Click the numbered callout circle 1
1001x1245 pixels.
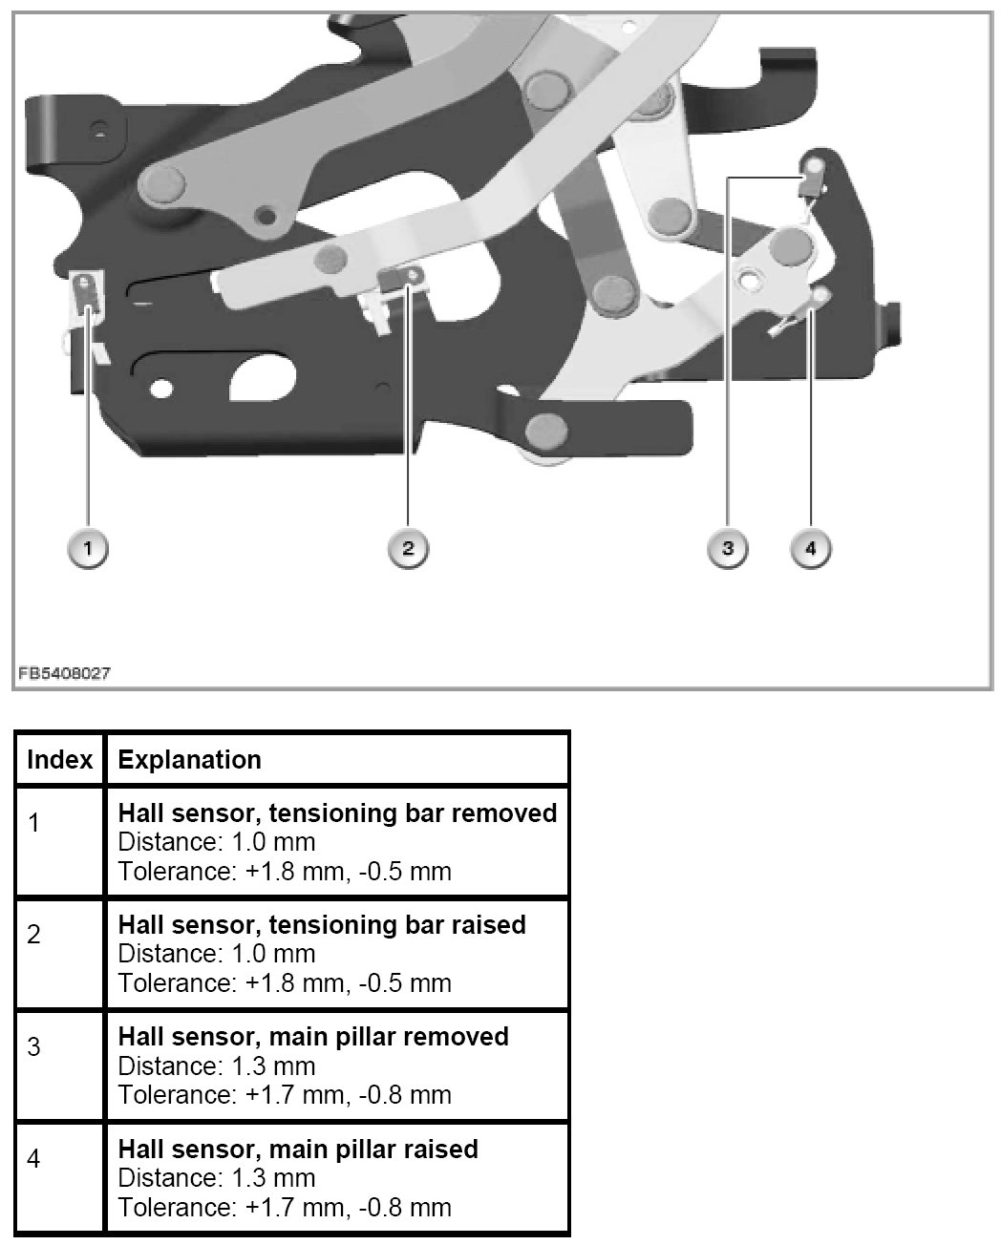[x=88, y=548]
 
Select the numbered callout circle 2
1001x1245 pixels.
[x=408, y=548]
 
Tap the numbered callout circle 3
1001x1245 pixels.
[x=728, y=548]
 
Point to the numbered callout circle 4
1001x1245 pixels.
[x=811, y=548]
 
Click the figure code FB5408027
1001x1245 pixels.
[x=63, y=672]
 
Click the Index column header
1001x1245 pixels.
[x=59, y=760]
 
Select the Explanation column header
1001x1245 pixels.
[x=189, y=760]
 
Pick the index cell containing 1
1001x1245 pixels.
[x=34, y=823]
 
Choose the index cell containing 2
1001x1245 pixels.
[x=34, y=935]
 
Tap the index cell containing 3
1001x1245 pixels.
[x=34, y=1046]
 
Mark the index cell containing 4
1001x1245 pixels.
[x=34, y=1159]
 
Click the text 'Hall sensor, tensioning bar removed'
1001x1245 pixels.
[x=337, y=813]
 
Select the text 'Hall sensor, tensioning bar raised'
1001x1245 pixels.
[x=322, y=925]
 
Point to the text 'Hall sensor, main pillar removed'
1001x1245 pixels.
[x=313, y=1037]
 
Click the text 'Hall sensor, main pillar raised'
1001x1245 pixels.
[x=298, y=1149]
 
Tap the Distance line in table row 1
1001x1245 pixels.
[x=217, y=842]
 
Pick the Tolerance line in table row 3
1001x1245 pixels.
[x=285, y=1094]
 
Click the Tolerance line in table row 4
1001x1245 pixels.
[x=285, y=1207]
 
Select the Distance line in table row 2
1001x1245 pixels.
[x=217, y=954]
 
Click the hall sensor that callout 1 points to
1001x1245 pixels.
[x=88, y=291]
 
